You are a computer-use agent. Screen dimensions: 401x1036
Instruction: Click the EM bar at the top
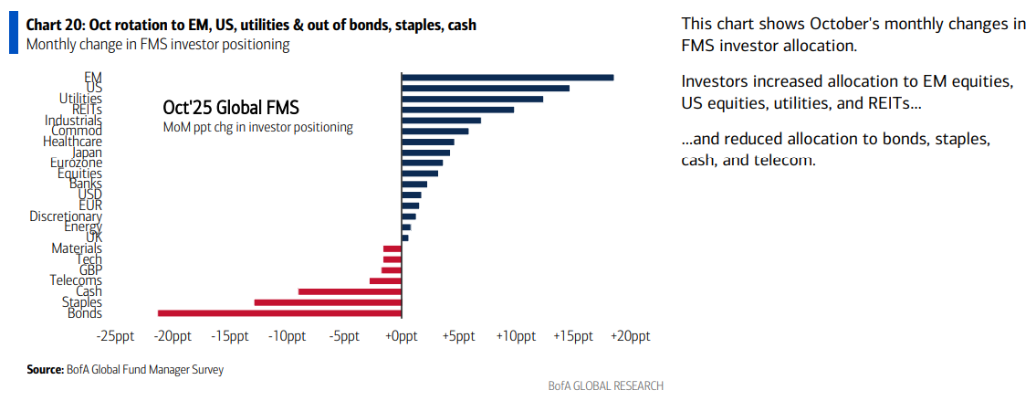(x=507, y=78)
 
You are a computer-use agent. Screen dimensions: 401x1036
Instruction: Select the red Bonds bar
(x=279, y=312)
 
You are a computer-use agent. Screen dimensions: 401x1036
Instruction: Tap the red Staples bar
(x=328, y=301)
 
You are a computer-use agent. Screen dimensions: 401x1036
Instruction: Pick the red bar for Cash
(x=350, y=291)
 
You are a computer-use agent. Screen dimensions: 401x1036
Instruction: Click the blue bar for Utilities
(x=472, y=99)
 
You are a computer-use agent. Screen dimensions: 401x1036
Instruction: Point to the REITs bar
(x=457, y=110)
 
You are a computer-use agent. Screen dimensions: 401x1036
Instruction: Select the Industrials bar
(x=441, y=121)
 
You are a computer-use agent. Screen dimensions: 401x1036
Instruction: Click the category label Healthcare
(x=72, y=142)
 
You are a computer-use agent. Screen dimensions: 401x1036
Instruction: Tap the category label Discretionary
(x=65, y=216)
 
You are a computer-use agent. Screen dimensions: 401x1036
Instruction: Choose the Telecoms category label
(x=76, y=280)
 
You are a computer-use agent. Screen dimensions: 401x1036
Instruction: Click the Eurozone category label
(x=76, y=163)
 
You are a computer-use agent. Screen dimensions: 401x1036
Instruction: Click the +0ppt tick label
(x=401, y=336)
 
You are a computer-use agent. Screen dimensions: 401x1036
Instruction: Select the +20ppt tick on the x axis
(x=631, y=336)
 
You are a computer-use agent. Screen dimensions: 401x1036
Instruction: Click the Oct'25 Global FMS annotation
(x=231, y=108)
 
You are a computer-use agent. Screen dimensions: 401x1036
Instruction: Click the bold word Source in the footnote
(x=45, y=370)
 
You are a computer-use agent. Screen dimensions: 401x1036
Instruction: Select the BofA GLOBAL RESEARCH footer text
(x=605, y=385)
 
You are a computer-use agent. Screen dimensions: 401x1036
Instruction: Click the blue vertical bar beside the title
(x=13, y=33)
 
